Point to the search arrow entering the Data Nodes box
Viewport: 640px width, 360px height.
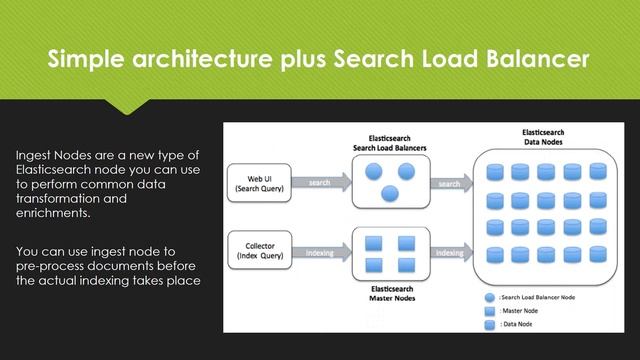coord(451,183)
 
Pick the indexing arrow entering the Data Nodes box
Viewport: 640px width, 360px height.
coord(451,252)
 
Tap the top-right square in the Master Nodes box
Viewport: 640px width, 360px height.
coord(405,243)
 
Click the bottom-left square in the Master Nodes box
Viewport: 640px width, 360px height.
coord(373,265)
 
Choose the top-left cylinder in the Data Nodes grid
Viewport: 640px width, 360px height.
coord(494,172)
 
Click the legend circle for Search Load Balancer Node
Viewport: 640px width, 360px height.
coord(489,298)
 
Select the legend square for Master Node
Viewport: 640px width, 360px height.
coord(489,311)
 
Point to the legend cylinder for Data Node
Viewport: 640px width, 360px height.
coord(489,324)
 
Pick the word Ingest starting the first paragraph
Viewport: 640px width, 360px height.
coord(36,156)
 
